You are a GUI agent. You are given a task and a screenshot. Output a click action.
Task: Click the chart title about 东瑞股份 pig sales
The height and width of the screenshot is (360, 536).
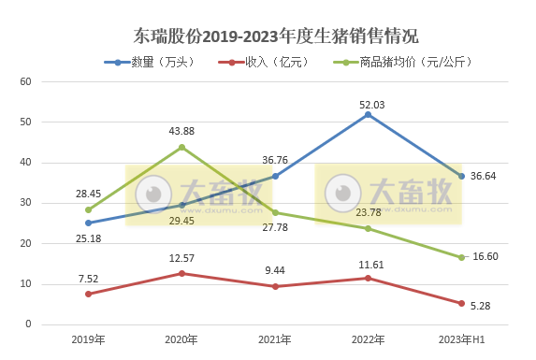[x=275, y=36]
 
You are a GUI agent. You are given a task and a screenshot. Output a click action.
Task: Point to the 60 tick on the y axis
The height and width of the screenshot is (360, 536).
[x=26, y=81]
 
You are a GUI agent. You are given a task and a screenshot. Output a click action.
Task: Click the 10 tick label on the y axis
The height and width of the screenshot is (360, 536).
[x=26, y=284]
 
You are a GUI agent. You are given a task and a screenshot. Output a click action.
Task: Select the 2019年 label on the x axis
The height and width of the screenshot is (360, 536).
[x=88, y=339]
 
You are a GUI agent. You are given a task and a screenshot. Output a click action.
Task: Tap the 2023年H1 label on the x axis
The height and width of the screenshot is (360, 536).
[x=461, y=339]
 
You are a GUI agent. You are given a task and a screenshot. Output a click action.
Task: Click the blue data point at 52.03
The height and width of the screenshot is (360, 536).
[x=369, y=114]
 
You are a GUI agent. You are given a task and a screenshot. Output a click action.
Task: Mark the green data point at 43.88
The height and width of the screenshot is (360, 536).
[x=181, y=147]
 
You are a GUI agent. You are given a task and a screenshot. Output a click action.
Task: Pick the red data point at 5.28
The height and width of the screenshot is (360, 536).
[x=461, y=303]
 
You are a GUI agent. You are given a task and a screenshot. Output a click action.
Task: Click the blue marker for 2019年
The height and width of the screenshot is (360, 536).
[x=88, y=223]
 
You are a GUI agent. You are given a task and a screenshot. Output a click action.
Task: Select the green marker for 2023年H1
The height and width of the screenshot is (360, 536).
[x=461, y=257]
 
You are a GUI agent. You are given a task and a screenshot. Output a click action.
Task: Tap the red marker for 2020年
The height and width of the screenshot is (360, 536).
[x=181, y=273]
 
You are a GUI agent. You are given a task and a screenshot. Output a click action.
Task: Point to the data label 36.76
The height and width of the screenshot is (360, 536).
[x=275, y=160]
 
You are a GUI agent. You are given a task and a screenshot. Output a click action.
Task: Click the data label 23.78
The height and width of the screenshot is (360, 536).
[x=369, y=213]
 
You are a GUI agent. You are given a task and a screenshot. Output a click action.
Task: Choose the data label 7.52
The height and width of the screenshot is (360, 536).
[x=88, y=278]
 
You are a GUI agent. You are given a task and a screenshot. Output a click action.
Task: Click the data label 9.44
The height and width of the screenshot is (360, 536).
[x=275, y=270]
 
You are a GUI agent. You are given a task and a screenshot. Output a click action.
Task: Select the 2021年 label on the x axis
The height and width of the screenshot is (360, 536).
[x=275, y=339]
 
